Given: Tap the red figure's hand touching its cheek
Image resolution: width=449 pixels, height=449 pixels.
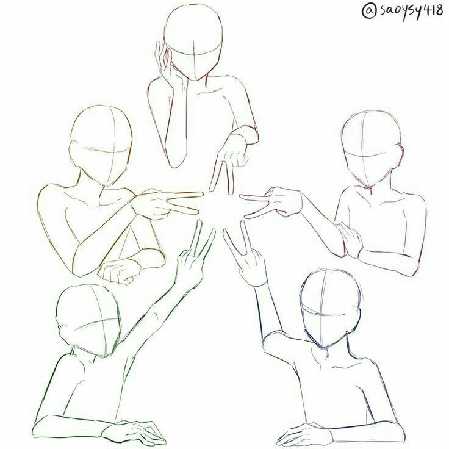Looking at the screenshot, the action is coord(164,62).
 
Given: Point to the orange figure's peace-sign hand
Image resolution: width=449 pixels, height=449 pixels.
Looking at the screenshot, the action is coord(166,204).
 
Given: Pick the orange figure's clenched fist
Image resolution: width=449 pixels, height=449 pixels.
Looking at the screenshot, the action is coord(120,271).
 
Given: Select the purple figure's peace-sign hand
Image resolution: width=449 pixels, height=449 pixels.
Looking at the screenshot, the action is coord(272,204).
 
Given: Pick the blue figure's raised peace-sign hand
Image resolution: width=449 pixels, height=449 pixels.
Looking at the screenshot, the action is coord(246,255).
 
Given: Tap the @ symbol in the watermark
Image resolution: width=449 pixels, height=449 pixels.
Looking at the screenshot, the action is coord(368,11).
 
